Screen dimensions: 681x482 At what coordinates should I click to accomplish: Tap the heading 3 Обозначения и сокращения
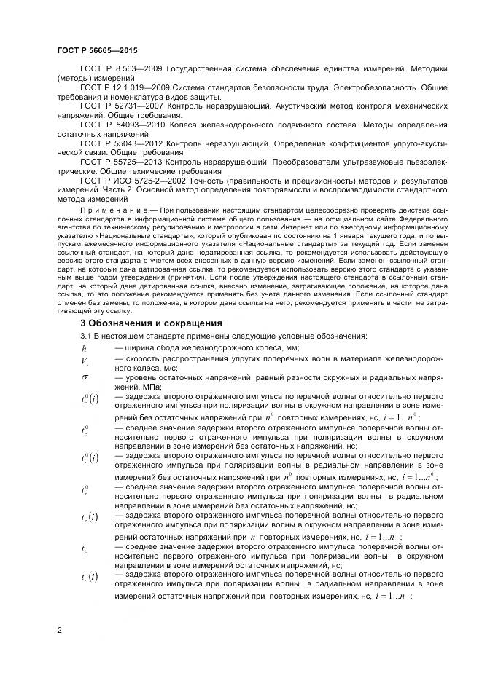(151, 323)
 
